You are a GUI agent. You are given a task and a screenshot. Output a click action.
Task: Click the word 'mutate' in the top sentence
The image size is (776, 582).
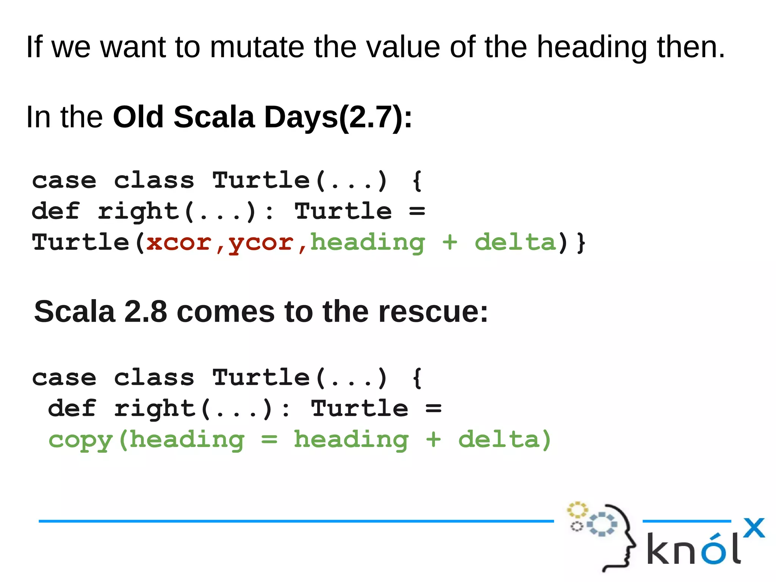tap(257, 47)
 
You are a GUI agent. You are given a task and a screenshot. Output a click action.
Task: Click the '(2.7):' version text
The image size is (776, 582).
tap(375, 118)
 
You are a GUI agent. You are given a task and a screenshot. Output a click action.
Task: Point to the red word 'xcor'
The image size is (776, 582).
tap(178, 242)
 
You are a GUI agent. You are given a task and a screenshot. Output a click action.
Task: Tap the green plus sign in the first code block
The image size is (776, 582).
tap(450, 242)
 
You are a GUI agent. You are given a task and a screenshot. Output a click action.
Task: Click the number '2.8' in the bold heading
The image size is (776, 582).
tap(145, 312)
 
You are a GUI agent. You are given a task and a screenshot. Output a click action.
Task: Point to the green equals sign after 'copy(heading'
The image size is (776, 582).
tap(269, 440)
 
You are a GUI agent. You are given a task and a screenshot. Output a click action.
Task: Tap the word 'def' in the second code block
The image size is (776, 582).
tap(72, 408)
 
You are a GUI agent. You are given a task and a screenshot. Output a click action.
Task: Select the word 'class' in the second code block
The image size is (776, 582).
tap(154, 378)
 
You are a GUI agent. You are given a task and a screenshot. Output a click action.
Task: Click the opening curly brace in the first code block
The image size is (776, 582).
tap(417, 180)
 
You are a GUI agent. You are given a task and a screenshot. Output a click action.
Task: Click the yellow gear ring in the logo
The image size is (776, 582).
tap(577, 510)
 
